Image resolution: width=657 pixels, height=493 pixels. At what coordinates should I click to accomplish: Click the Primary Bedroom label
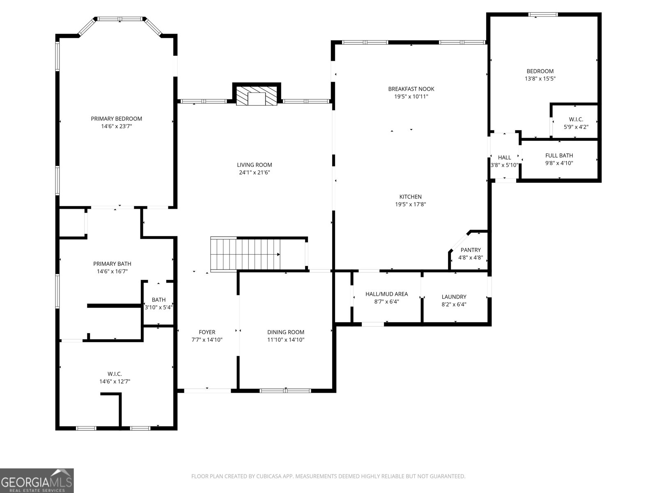(x=117, y=119)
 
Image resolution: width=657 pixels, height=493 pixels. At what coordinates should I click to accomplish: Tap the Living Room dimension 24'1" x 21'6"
(x=255, y=173)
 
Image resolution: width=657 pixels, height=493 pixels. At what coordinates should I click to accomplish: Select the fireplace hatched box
(x=257, y=96)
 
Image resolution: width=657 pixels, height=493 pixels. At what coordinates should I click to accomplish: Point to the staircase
(x=246, y=254)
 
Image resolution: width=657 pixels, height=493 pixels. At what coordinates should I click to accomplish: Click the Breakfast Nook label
(x=411, y=89)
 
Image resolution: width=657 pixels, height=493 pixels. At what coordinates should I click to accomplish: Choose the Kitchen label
(x=410, y=197)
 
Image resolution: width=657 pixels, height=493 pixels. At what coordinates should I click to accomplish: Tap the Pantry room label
(x=471, y=250)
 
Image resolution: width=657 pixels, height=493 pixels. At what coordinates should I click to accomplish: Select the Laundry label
(x=454, y=297)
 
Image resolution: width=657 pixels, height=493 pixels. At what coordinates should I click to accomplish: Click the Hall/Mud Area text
(x=387, y=294)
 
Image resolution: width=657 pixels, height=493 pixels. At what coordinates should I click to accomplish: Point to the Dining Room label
(x=285, y=332)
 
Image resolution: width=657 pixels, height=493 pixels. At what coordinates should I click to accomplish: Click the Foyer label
(x=207, y=332)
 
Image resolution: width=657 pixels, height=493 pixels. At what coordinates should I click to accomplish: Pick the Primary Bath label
(x=112, y=264)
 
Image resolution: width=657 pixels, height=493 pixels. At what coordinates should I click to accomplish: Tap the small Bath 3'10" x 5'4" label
(x=159, y=303)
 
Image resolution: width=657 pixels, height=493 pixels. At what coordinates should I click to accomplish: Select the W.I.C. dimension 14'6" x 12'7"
(x=115, y=381)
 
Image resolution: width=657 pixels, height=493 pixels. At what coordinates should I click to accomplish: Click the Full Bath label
(x=559, y=155)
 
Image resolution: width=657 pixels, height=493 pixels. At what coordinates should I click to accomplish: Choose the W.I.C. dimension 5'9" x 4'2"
(x=576, y=127)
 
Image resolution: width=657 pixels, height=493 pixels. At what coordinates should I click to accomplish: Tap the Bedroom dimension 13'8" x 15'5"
(x=540, y=78)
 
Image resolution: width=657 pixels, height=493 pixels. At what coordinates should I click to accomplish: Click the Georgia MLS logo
(x=37, y=481)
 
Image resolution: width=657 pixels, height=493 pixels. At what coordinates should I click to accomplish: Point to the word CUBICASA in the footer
(x=268, y=476)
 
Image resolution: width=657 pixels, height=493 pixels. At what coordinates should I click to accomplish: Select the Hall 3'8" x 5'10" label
(x=504, y=161)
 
